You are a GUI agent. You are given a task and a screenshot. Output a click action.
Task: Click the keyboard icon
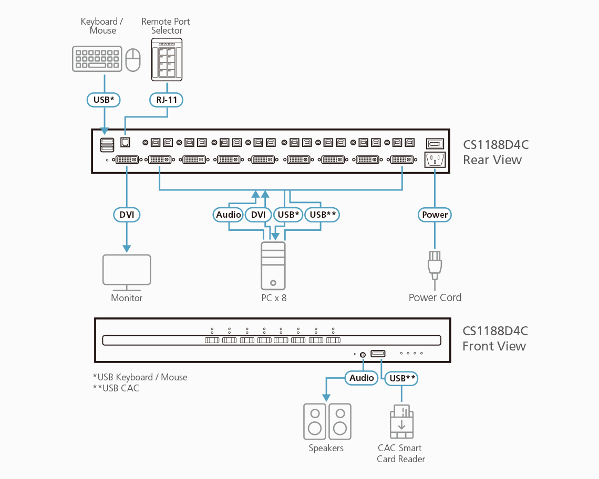[98, 59]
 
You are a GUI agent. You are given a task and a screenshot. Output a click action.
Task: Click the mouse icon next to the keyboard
[133, 59]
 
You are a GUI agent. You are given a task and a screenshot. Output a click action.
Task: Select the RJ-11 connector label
[167, 99]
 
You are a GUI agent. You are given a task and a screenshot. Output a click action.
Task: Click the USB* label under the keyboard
[104, 99]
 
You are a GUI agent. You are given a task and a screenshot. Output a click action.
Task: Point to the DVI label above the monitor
[127, 214]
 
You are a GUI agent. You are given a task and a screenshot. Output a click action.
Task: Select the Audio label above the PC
[229, 214]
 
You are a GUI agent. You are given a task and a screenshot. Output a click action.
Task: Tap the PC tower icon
[273, 265]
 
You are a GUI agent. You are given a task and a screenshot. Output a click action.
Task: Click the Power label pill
[435, 214]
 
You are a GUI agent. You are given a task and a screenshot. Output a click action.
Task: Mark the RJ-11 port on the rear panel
[125, 142]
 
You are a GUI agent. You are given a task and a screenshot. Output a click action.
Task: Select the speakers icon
[327, 421]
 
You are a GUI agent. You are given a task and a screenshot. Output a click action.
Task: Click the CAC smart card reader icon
[401, 422]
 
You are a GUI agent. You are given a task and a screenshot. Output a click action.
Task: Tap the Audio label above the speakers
[362, 378]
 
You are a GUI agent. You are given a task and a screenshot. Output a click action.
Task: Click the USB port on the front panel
[378, 354]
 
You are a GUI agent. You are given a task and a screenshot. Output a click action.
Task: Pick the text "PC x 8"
[274, 298]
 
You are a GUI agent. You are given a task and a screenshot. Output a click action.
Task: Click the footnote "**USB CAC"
[116, 388]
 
